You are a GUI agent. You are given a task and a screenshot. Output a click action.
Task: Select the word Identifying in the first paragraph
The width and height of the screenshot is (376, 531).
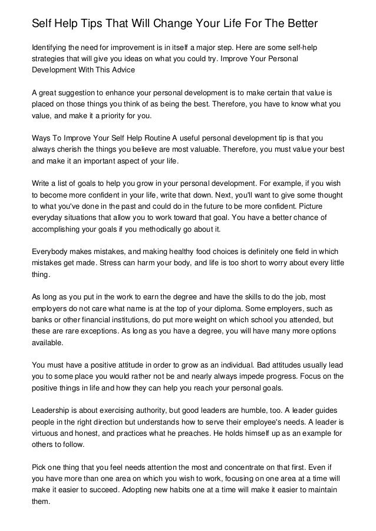51,46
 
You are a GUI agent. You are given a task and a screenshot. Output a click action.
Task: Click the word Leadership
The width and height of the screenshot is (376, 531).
51,412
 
